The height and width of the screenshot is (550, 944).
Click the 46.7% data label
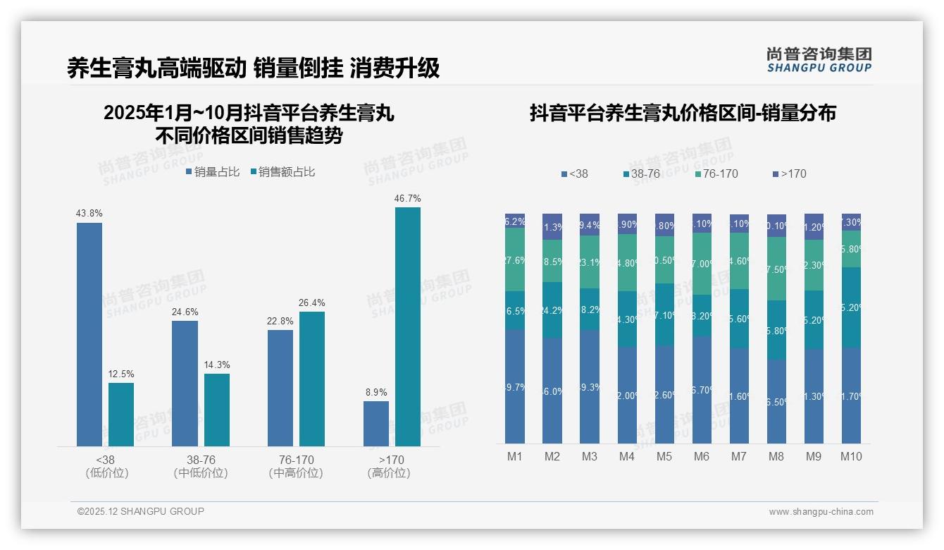tap(407, 199)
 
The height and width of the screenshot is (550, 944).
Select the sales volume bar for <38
tap(89, 334)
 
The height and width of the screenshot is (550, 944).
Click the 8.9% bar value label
tap(375, 393)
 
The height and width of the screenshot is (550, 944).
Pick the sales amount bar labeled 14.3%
tap(217, 410)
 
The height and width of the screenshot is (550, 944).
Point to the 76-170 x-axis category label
tap(296, 466)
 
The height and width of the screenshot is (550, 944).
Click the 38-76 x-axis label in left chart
tap(201, 466)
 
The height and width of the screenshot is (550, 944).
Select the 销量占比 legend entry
tap(212, 171)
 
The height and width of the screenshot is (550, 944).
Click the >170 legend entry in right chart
tap(789, 173)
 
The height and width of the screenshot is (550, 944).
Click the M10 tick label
tap(851, 456)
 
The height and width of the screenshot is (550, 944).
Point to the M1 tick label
tap(515, 456)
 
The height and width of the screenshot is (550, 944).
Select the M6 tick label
tap(702, 456)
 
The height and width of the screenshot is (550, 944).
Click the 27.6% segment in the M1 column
tap(515, 259)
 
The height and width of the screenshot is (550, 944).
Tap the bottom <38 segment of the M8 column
tap(776, 401)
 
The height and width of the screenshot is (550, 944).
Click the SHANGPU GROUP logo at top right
tap(819, 60)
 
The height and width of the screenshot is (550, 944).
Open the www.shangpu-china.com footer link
tap(821, 512)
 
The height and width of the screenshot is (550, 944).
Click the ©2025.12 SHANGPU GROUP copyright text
tap(141, 511)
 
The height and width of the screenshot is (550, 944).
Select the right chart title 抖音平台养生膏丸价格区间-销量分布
tap(683, 114)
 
